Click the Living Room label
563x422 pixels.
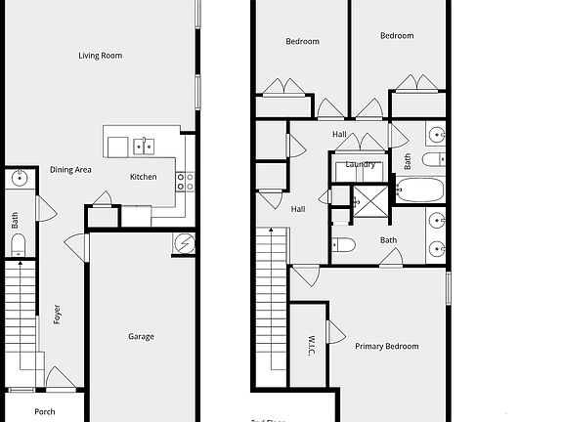tap(100, 56)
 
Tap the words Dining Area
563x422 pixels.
tap(70, 170)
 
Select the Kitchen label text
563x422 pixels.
tap(144, 177)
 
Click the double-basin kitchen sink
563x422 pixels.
tap(144, 147)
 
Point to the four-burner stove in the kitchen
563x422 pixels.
tap(185, 181)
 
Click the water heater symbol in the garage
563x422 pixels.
tap(183, 244)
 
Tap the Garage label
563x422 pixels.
tap(141, 337)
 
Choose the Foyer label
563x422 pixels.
tap(57, 315)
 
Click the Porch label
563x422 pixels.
tap(45, 411)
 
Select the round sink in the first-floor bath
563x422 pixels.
tap(19, 179)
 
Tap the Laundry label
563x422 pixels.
tap(361, 164)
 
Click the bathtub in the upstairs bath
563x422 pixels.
tap(420, 190)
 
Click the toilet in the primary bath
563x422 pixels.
tap(342, 245)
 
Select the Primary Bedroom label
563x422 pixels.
tap(386, 347)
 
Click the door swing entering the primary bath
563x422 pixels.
tap(391, 257)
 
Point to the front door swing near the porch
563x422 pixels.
tap(60, 377)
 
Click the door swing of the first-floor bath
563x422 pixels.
tap(43, 208)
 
